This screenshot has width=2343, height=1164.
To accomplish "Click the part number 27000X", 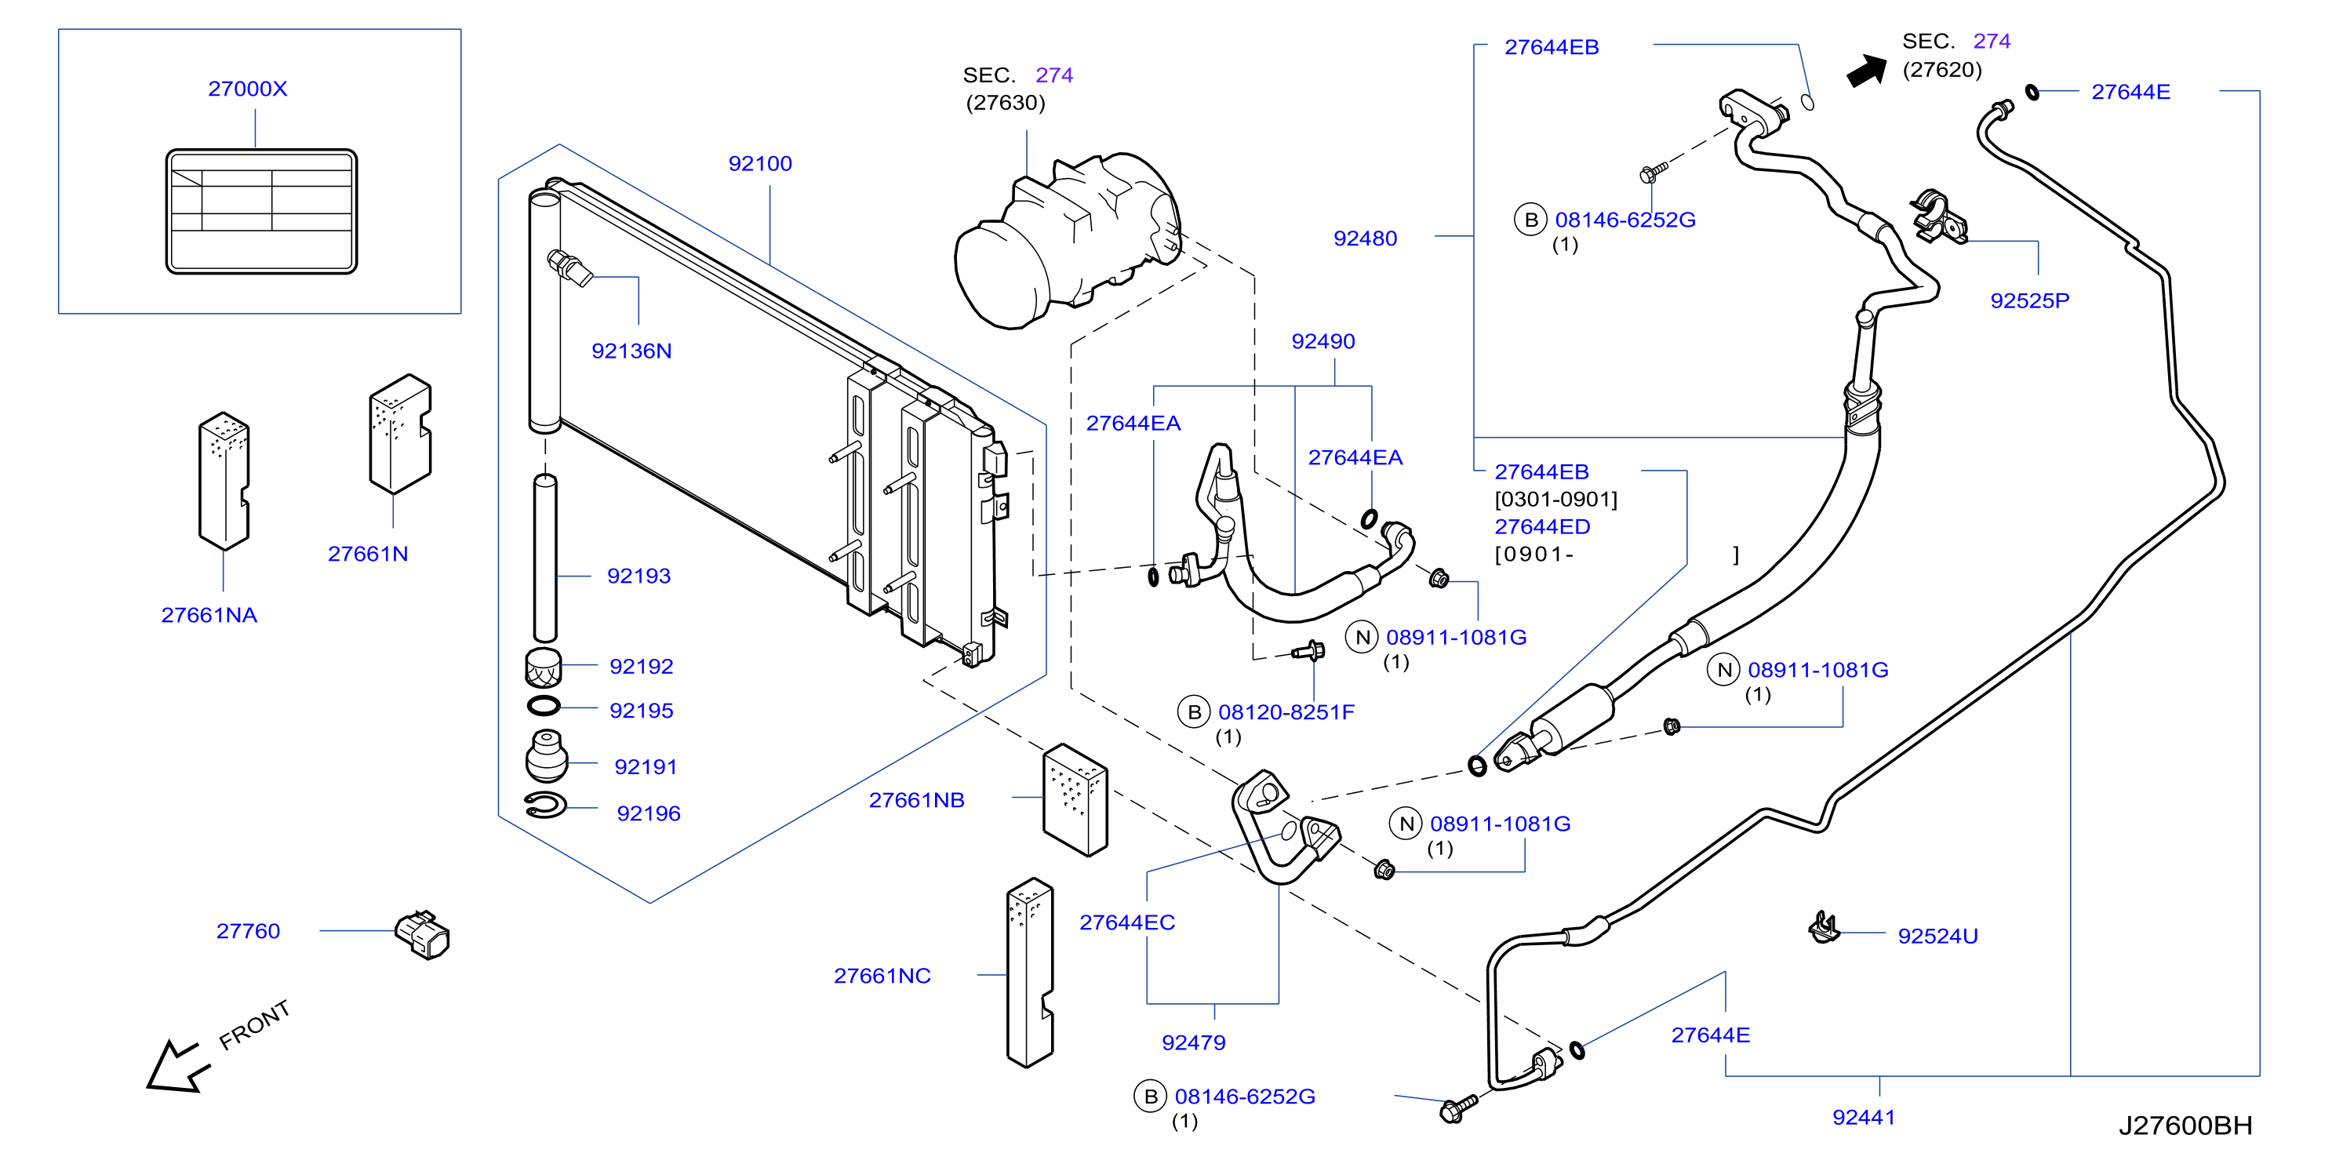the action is [x=247, y=88].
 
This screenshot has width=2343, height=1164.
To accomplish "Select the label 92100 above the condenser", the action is [x=759, y=164].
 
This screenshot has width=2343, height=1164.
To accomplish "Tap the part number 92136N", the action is [x=631, y=351].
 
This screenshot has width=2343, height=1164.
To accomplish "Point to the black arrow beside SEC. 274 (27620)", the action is [x=1868, y=71].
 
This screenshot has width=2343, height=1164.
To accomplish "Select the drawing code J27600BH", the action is [x=2185, y=1126].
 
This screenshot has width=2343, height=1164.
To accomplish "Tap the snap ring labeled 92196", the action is [x=546, y=805].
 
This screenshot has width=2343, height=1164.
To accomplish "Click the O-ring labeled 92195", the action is [x=544, y=706].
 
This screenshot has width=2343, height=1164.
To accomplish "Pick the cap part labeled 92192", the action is [x=543, y=668].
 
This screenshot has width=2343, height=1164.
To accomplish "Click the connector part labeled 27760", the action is [x=423, y=935].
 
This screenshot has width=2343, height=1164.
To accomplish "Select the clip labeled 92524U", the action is [x=1824, y=929].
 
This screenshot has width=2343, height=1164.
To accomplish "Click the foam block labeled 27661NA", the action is [x=224, y=481].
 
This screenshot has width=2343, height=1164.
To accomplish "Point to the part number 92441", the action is [x=1864, y=1118].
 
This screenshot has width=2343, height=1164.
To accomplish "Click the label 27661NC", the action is [x=882, y=976].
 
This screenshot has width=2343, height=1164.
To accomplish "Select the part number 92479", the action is [x=1193, y=1043].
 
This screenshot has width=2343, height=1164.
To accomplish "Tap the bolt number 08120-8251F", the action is [x=1286, y=712].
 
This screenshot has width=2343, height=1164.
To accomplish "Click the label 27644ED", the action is [x=1543, y=526].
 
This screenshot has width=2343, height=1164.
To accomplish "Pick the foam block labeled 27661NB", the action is [x=1075, y=800].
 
